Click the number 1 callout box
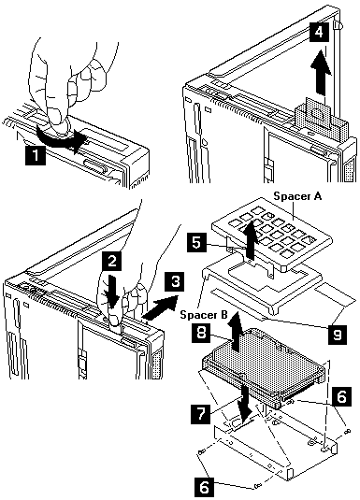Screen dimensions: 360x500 (36, 155)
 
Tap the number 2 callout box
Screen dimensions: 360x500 (111, 261)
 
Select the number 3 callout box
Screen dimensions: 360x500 (175, 281)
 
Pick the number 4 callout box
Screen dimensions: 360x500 (319, 32)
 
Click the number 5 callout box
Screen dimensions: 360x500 (197, 243)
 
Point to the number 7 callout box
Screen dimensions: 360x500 (201, 414)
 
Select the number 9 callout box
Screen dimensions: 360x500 (337, 334)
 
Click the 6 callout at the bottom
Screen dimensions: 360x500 (204, 486)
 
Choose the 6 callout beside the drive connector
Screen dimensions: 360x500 (341, 396)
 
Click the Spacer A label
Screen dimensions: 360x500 (297, 195)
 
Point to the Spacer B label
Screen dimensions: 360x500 (204, 314)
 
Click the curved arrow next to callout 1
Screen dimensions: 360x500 (61, 138)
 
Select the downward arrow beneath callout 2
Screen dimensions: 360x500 (111, 292)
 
